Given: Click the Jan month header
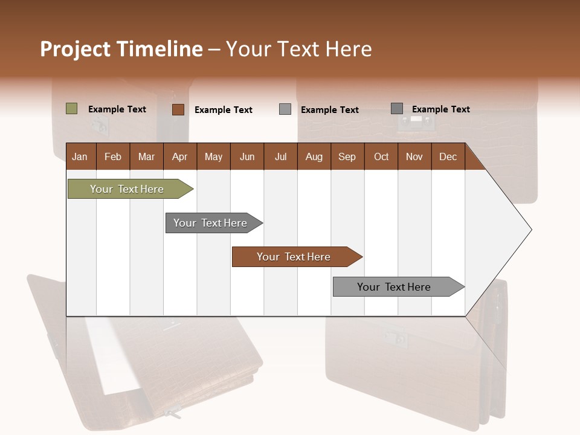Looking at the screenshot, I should click(x=80, y=156).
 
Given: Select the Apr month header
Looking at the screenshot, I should click(x=179, y=156).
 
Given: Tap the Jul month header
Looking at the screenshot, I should click(x=280, y=156).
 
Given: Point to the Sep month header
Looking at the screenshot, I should click(x=347, y=156).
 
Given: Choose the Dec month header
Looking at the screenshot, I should click(x=448, y=156).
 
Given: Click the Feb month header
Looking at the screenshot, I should click(x=113, y=156).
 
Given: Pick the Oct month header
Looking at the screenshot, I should click(x=381, y=156).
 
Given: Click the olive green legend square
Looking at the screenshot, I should click(x=71, y=109).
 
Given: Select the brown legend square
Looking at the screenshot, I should click(x=178, y=109).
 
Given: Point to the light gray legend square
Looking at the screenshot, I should click(x=285, y=109).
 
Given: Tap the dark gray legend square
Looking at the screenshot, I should click(x=397, y=109).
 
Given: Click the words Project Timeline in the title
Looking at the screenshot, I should click(x=121, y=49).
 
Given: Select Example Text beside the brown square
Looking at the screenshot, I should click(x=223, y=110).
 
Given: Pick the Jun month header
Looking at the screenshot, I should click(x=246, y=156).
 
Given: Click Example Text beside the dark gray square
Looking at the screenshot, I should click(x=440, y=109).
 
